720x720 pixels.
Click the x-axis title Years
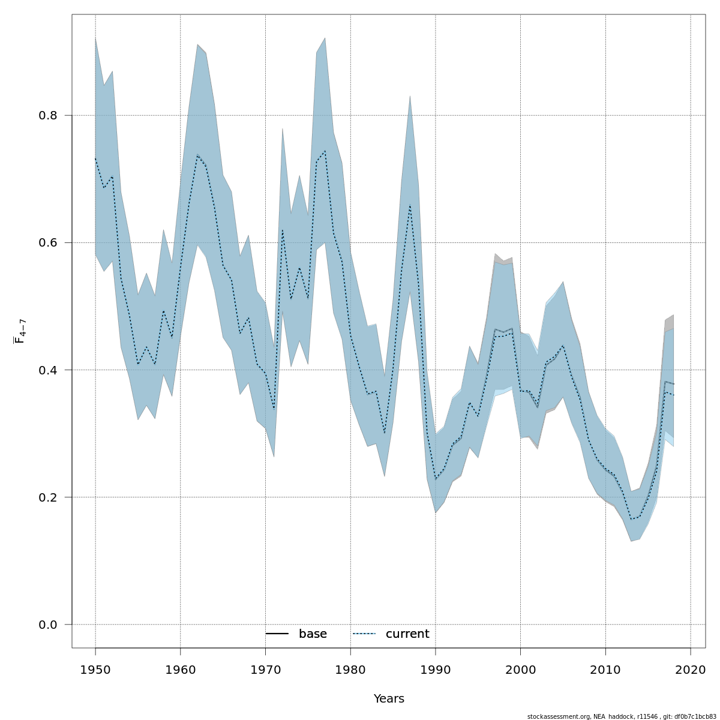(389, 699)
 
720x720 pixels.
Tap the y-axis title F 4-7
(19, 331)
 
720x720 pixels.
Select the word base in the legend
(313, 634)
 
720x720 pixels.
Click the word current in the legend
(407, 634)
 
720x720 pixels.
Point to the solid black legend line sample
(277, 634)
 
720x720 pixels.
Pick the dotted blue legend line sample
(364, 634)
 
